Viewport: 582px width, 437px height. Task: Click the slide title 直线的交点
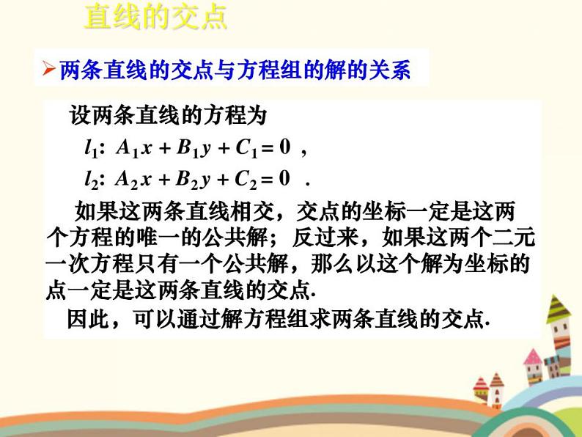[x=155, y=17]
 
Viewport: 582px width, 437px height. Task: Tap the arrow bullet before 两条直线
[x=48, y=71]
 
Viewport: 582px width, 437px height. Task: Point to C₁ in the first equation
[x=245, y=149]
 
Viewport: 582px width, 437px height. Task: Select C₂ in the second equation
[x=245, y=180]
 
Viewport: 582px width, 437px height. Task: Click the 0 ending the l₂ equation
[x=286, y=179]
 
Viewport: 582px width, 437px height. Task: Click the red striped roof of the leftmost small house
[x=481, y=383]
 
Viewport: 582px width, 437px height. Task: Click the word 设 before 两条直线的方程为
[x=78, y=116]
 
